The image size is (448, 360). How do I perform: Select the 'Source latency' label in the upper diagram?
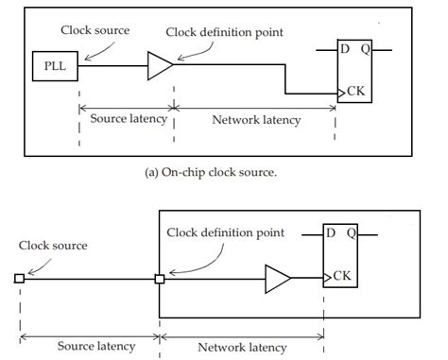point(127,120)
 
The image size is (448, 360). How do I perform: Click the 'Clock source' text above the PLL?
point(95,30)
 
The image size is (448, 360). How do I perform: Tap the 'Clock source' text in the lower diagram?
point(54,245)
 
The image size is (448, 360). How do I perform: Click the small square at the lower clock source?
point(19,279)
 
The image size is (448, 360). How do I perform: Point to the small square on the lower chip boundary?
point(160,279)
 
